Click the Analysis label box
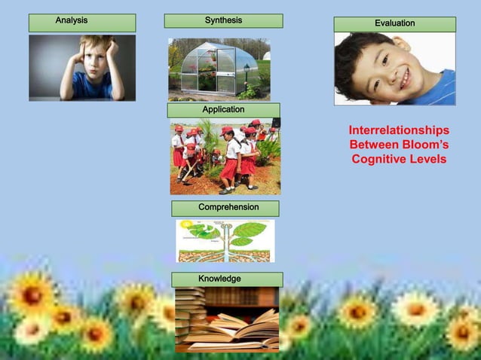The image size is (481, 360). [x=82, y=22]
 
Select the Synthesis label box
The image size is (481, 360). [x=223, y=20]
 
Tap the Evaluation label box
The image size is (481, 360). [x=394, y=24]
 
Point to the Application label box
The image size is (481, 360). [x=224, y=110]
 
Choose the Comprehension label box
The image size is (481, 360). [x=225, y=208]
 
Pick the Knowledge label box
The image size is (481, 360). [x=227, y=279]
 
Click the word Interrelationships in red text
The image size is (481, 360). [x=399, y=130]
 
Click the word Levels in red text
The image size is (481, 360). [x=427, y=159]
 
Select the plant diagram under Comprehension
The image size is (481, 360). [x=225, y=240]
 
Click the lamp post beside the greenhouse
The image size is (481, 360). [x=247, y=75]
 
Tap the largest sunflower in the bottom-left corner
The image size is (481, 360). [x=32, y=294]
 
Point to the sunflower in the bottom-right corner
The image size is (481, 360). [x=461, y=332]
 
